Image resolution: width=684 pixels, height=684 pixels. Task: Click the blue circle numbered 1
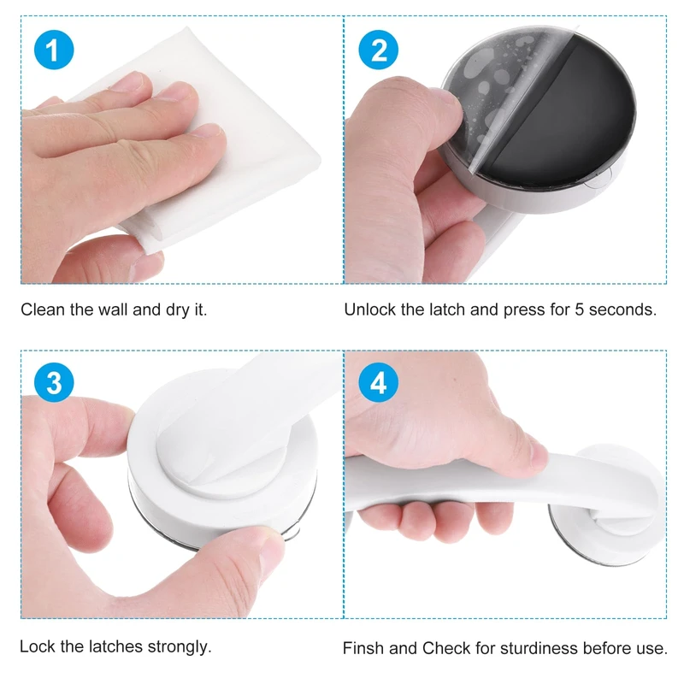54,50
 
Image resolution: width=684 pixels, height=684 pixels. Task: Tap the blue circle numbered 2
378,50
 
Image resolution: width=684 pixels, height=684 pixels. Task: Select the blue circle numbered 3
54,382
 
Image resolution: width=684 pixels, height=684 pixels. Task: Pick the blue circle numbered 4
378,382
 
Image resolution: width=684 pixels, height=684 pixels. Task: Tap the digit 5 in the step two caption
580,310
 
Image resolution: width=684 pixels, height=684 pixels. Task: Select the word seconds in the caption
622,310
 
